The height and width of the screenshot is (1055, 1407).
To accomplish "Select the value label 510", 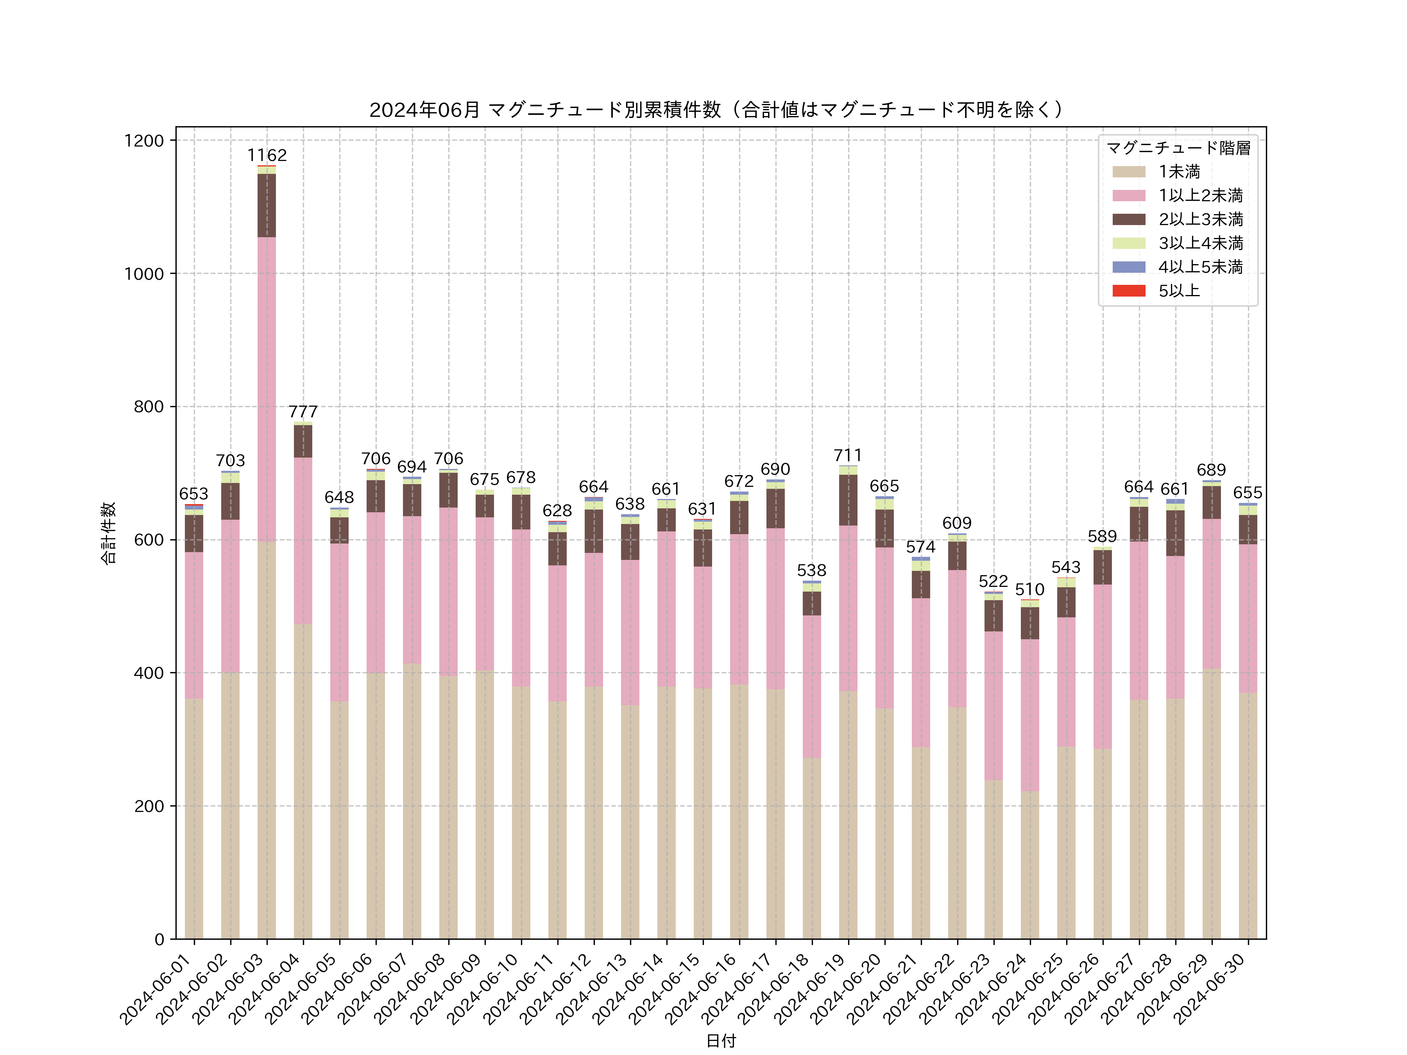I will [1029, 590].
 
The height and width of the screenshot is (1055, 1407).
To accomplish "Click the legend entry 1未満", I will [1179, 172].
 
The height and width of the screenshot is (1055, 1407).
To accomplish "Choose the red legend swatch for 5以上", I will [1128, 291].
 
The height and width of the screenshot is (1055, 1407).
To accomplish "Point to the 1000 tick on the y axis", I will [144, 274].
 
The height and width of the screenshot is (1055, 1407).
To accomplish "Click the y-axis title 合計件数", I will [108, 533].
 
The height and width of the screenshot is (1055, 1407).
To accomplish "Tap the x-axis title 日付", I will [721, 1041].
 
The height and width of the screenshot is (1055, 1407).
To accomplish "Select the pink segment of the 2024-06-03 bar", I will [267, 389].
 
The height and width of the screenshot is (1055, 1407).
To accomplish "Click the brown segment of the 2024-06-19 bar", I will [848, 500].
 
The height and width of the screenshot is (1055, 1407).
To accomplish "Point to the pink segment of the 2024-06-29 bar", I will [1211, 593].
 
